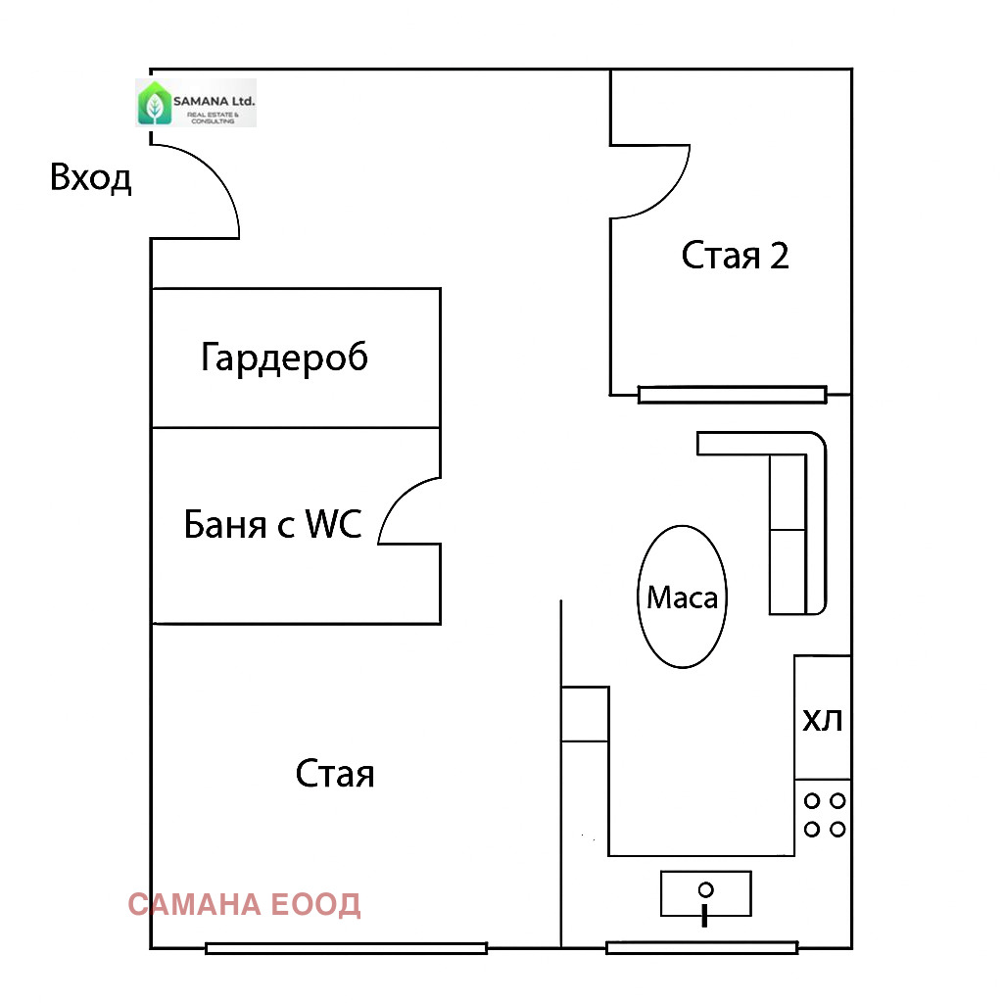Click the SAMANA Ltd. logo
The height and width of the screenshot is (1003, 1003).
pos(196,103)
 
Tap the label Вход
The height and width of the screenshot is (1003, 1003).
pos(90,178)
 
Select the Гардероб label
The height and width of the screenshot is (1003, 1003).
pos(284,358)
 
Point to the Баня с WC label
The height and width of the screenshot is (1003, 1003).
pos(272,526)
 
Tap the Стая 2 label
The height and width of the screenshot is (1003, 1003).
pos(735,256)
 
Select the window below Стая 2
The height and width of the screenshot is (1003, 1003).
pos(732,395)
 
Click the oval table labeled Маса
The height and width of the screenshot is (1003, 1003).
pos(683,597)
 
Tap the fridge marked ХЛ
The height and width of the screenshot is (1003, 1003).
pos(822,720)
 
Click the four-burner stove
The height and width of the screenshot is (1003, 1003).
pos(824,815)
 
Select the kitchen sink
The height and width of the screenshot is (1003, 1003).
pos(705,893)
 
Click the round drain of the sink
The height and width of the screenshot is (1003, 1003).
pos(705,889)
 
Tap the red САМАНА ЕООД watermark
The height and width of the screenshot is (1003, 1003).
pos(245,904)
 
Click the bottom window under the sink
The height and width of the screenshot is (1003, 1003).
pos(701,947)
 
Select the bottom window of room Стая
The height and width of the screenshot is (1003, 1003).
pos(346,947)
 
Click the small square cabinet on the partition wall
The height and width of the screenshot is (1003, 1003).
pos(585,713)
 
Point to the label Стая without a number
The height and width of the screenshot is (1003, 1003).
pos(335,775)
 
